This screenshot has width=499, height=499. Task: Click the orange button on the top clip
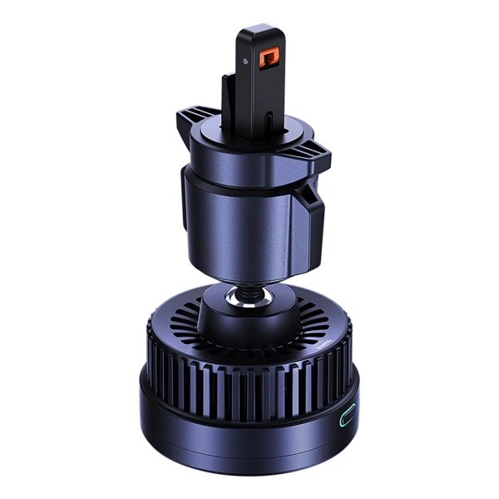tap(269, 59)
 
